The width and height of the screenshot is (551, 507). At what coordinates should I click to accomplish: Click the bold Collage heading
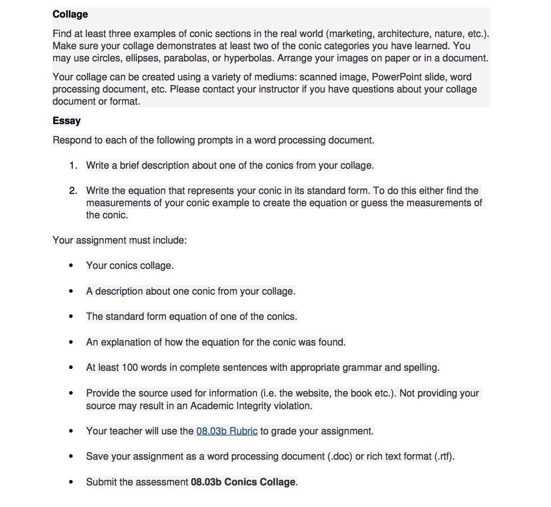[x=70, y=14]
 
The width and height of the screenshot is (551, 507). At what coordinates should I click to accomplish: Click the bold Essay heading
[x=66, y=121]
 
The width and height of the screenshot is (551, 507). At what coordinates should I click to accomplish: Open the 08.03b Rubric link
[x=227, y=431]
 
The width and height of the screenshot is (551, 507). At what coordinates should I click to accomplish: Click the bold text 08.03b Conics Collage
[x=243, y=482]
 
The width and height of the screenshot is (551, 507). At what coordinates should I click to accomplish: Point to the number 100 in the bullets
[x=130, y=368]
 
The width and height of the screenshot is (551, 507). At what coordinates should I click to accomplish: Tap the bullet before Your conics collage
[x=71, y=266]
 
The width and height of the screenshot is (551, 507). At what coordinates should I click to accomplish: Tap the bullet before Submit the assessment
[x=71, y=482]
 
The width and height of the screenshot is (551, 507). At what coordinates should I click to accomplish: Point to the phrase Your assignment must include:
[x=119, y=240]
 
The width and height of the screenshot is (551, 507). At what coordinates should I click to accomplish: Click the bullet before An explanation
[x=71, y=342]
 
